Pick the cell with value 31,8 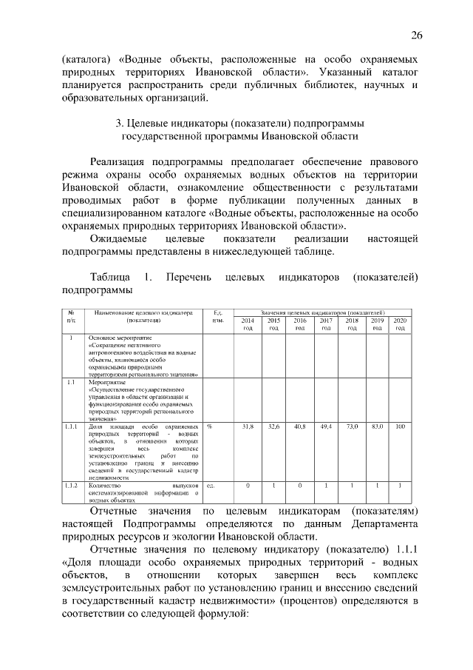click(248, 427)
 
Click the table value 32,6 click(273, 427)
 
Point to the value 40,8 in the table click(300, 427)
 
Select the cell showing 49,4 click(326, 427)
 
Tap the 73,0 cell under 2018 click(352, 427)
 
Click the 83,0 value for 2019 click(377, 427)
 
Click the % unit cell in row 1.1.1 click(210, 427)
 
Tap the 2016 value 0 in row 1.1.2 click(300, 485)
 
